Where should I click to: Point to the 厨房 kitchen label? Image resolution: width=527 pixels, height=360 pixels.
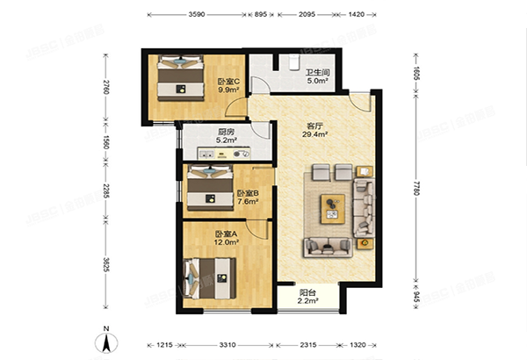[227, 135]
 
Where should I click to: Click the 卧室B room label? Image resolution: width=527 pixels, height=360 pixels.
[248, 196]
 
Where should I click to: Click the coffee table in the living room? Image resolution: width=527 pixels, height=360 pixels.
[333, 205]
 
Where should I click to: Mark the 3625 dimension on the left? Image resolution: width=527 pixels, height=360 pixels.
[105, 263]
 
